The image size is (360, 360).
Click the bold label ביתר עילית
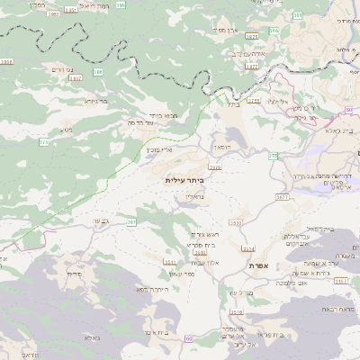(184, 180)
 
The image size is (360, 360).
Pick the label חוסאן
(221, 147)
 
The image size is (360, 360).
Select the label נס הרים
(62, 69)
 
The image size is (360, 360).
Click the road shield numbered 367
(130, 221)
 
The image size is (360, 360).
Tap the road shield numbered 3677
(283, 195)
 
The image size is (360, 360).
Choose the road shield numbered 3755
(255, 101)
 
